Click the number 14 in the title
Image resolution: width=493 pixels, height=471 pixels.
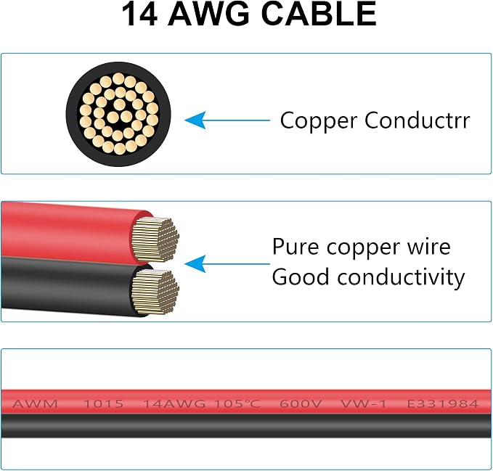(x=139, y=14)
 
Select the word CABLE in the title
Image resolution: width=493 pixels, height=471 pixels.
(x=319, y=14)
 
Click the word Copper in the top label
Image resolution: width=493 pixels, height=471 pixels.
(x=319, y=121)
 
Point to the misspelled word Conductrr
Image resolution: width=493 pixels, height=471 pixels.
(x=417, y=120)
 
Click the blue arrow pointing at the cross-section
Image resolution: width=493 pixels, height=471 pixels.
(x=227, y=120)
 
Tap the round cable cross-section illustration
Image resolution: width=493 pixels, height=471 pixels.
(x=118, y=114)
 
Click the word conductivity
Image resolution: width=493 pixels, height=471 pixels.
(x=401, y=277)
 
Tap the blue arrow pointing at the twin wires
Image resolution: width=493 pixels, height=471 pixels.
(x=227, y=263)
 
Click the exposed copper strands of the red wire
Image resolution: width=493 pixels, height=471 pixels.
(x=155, y=239)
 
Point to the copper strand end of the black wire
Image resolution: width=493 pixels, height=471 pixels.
(x=155, y=291)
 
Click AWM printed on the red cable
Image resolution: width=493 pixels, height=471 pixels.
(x=35, y=404)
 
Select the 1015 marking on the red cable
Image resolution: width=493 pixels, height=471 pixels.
(x=103, y=404)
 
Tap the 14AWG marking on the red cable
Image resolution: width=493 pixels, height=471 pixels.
(x=174, y=404)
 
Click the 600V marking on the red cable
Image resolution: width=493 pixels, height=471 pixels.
(x=301, y=404)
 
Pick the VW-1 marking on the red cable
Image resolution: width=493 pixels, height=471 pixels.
(x=364, y=404)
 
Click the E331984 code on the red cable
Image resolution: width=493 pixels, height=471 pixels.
(x=443, y=404)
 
